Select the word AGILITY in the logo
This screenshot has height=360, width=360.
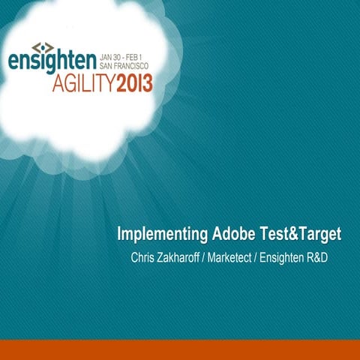coord(83,82)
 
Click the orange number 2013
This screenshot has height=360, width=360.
coord(134,82)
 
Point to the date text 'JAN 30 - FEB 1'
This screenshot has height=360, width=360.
coord(127,56)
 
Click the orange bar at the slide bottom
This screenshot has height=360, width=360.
coord(180,349)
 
